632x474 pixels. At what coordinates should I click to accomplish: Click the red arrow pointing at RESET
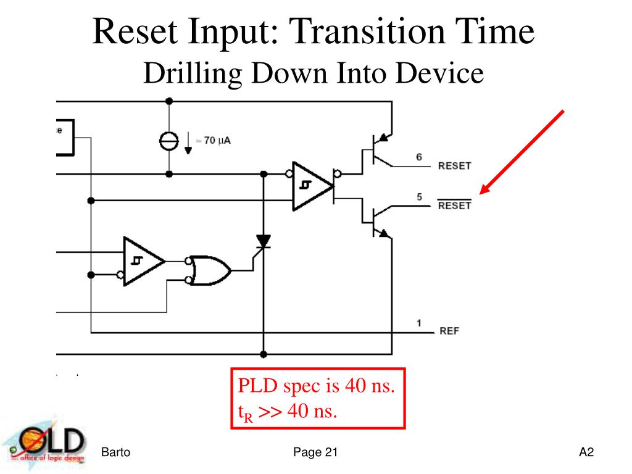(523, 151)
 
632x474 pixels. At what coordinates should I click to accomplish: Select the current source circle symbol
(169, 141)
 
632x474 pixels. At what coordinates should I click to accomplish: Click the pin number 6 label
(419, 157)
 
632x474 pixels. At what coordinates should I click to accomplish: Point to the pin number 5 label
(419, 197)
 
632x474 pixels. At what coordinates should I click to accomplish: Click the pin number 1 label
(419, 322)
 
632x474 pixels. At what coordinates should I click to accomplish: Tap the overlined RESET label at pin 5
(454, 206)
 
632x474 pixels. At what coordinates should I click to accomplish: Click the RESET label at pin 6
(454, 165)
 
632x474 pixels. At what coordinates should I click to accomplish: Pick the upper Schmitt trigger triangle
(310, 186)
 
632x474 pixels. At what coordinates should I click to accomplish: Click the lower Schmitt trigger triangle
(141, 262)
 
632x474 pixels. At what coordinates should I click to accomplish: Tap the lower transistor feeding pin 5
(378, 220)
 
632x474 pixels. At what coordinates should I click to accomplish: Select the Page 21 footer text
(315, 452)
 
